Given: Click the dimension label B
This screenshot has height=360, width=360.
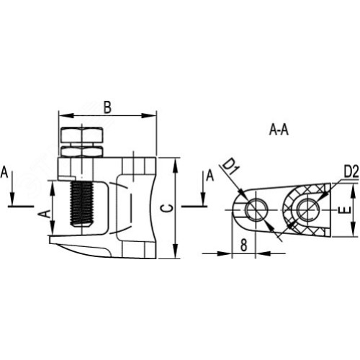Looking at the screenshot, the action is pyautogui.click(x=107, y=107).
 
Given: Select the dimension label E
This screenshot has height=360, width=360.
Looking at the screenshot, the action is pyautogui.click(x=346, y=210).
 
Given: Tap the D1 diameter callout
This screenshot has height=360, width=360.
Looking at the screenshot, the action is pyautogui.click(x=228, y=168).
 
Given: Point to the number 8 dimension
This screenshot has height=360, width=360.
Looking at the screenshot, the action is pyautogui.click(x=243, y=246).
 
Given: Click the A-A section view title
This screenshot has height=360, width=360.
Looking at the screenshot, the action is pyautogui.click(x=279, y=130).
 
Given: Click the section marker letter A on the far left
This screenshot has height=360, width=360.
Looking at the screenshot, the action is pyautogui.click(x=4, y=173).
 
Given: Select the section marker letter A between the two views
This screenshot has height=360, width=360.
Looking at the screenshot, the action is pyautogui.click(x=210, y=176).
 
